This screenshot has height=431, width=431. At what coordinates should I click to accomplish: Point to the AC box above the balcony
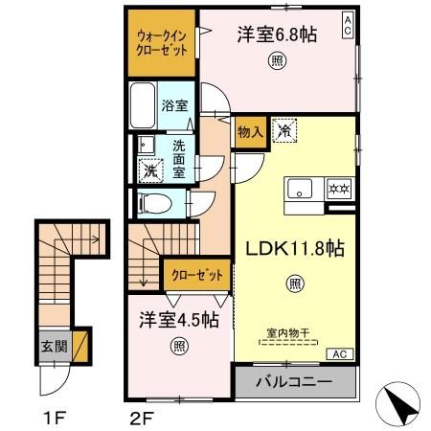click(339, 353)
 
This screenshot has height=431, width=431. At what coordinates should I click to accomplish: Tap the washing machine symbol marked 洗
click(149, 171)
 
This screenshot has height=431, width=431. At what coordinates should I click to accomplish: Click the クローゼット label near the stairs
click(196, 275)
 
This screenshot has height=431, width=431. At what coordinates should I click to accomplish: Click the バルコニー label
click(295, 381)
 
